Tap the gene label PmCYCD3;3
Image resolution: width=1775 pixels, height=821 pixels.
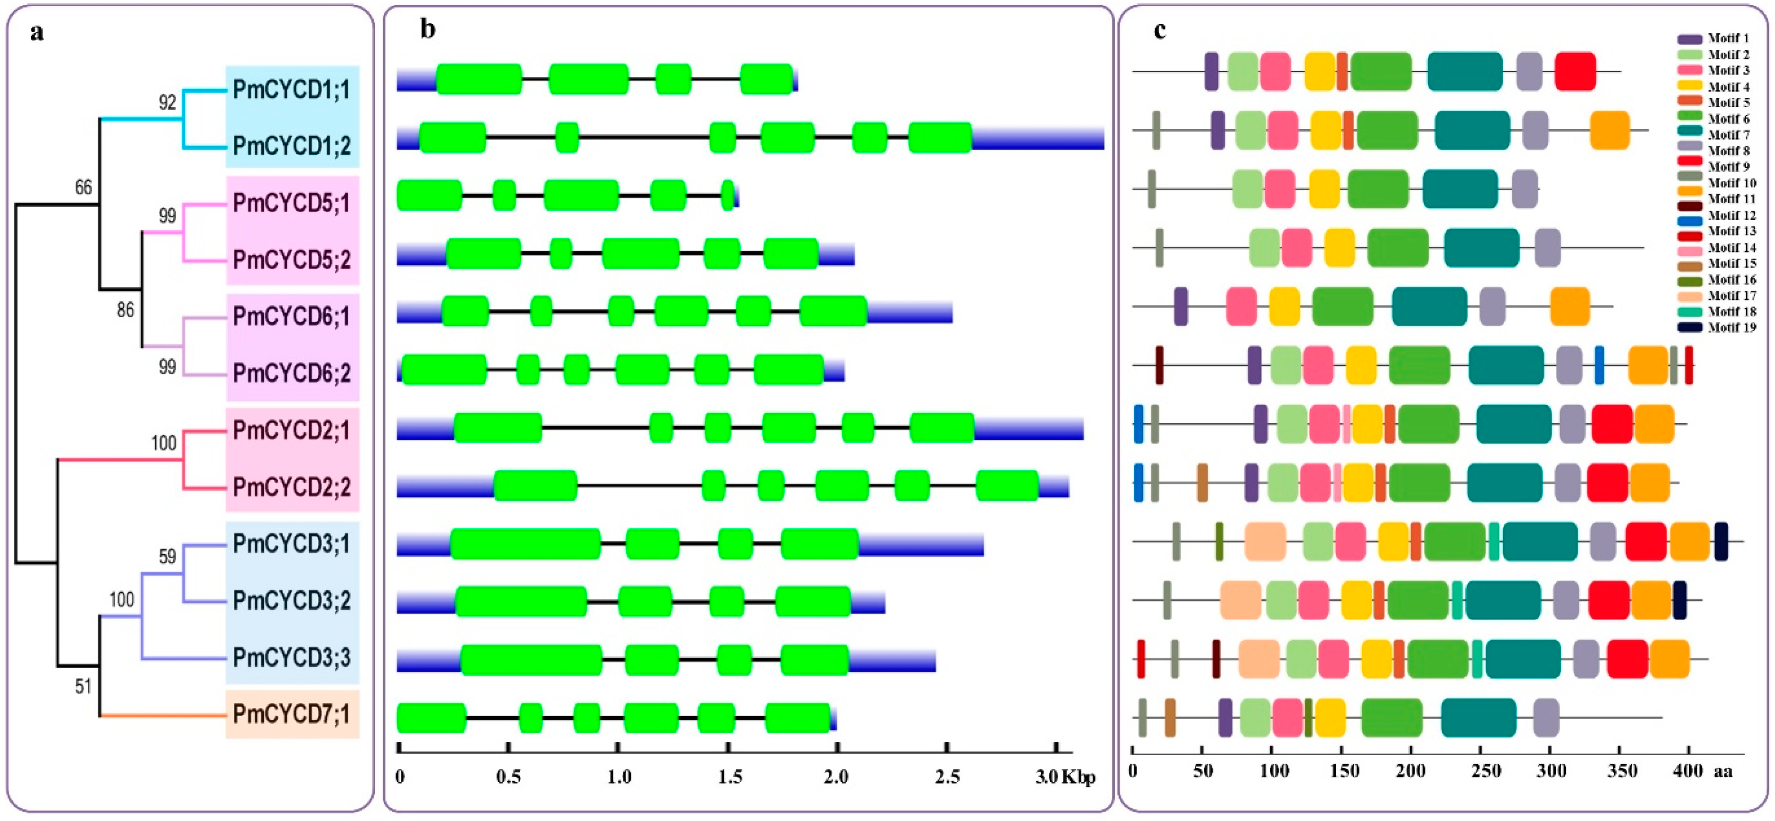click(x=291, y=657)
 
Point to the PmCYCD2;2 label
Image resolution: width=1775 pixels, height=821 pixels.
click(x=291, y=487)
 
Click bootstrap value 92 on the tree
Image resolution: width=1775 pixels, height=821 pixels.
click(x=167, y=103)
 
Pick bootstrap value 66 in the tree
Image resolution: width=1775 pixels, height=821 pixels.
click(x=83, y=187)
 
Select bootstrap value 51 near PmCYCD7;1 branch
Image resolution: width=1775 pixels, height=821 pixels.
click(x=83, y=687)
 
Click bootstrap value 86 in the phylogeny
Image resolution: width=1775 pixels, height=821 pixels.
click(x=125, y=310)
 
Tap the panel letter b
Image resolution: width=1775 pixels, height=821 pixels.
click(x=428, y=29)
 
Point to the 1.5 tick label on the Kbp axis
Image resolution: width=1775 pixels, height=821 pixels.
click(x=730, y=777)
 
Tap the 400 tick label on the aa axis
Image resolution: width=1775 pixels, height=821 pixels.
click(x=1688, y=771)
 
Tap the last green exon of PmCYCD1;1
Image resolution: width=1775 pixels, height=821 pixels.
click(x=766, y=79)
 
